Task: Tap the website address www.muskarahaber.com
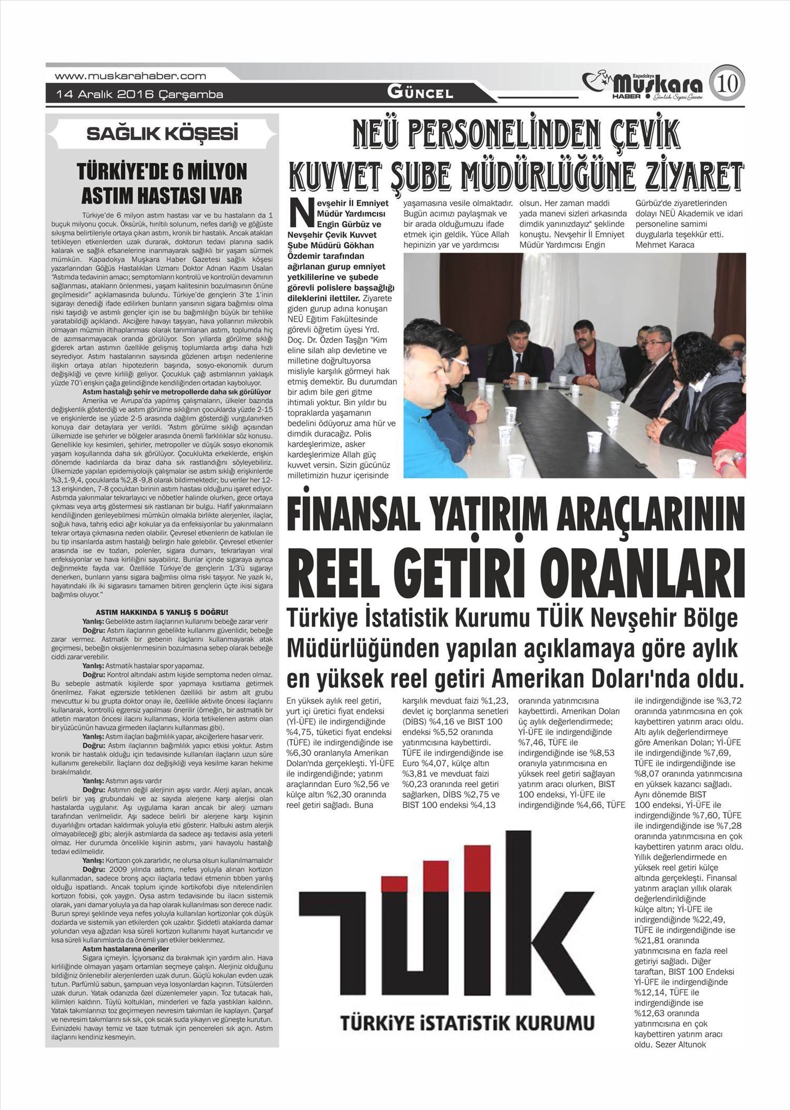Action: (x=131, y=76)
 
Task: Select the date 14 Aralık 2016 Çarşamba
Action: (x=140, y=95)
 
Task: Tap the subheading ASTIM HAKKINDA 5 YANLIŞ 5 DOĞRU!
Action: (x=162, y=612)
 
